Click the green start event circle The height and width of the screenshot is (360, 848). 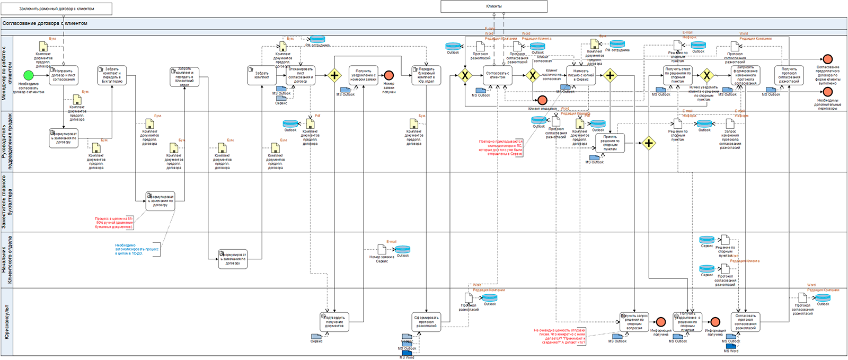tap(29, 76)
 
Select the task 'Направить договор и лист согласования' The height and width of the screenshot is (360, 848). tap(64, 75)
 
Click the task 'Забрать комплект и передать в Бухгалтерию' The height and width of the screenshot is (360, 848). tap(112, 75)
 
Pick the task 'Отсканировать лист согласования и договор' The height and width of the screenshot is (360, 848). tap(301, 75)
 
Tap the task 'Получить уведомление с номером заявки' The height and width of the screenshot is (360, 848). tap(363, 75)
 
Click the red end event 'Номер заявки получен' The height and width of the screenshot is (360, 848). tap(388, 76)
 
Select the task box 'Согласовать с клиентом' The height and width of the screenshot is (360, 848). tap(498, 75)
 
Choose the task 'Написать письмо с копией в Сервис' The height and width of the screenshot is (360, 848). tap(581, 75)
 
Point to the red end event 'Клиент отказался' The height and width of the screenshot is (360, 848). tap(542, 100)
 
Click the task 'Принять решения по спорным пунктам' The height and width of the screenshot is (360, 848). tap(610, 143)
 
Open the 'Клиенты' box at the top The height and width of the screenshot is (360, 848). tap(494, 6)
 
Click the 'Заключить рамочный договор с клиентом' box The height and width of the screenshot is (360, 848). tap(57, 9)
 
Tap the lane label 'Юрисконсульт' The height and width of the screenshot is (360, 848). tap(6, 322)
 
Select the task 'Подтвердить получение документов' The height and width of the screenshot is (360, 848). tap(334, 322)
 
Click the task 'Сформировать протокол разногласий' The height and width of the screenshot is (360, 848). tap(427, 322)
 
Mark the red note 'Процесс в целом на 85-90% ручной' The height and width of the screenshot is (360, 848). tap(114, 223)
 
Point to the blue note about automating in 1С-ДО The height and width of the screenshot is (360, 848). tap(137, 249)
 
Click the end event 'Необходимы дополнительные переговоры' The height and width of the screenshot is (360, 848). tap(828, 92)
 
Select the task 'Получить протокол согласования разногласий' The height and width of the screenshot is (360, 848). tap(789, 75)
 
